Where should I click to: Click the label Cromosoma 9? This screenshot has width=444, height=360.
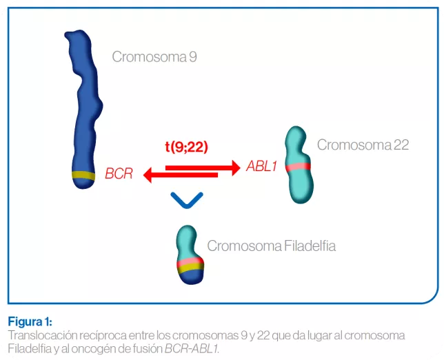pyautogui.click(x=154, y=57)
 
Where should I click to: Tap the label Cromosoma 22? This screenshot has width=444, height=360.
pyautogui.click(x=363, y=145)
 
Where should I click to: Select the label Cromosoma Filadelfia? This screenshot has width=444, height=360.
pyautogui.click(x=272, y=246)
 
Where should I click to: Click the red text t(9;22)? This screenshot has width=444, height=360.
pyautogui.click(x=186, y=146)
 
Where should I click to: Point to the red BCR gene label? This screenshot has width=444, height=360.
pyautogui.click(x=119, y=174)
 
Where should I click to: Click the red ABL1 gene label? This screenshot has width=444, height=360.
pyautogui.click(x=261, y=167)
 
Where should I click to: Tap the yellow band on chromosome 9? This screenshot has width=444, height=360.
pyautogui.click(x=83, y=175)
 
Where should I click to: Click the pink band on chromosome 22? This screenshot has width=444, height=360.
pyautogui.click(x=299, y=167)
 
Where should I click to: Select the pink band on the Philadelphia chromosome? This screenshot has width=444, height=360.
pyautogui.click(x=188, y=262)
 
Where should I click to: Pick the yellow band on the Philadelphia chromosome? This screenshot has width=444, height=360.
pyautogui.click(x=188, y=269)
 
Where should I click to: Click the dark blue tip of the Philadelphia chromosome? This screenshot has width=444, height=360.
pyautogui.click(x=188, y=278)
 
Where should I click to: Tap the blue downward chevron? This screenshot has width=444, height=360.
pyautogui.click(x=186, y=200)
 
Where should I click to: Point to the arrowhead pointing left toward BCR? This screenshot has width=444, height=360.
pyautogui.click(x=148, y=176)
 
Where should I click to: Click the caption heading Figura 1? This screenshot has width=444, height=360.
pyautogui.click(x=30, y=322)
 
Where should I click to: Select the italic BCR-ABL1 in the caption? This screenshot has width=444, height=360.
pyautogui.click(x=192, y=348)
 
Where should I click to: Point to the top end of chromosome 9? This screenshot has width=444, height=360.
pyautogui.click(x=74, y=36)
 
